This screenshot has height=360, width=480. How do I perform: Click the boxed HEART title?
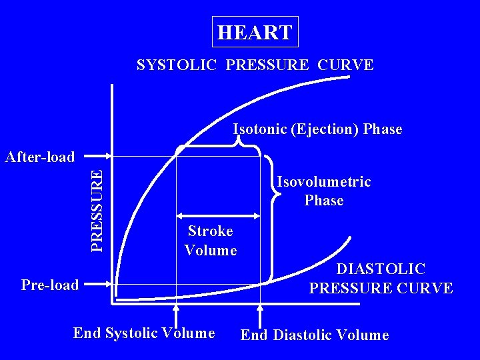pyautogui.click(x=255, y=32)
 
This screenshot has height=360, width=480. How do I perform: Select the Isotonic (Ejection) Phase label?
pyautogui.click(x=317, y=129)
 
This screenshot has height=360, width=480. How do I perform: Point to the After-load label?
pyautogui.click(x=39, y=157)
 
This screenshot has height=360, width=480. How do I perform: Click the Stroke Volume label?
pyautogui.click(x=211, y=241)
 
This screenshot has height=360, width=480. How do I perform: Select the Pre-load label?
pyautogui.click(x=50, y=285)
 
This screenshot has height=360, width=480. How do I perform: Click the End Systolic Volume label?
pyautogui.click(x=144, y=332)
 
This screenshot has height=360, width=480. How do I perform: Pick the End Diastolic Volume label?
pyautogui.click(x=314, y=335)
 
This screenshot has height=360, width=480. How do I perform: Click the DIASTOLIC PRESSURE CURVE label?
pyautogui.click(x=381, y=279)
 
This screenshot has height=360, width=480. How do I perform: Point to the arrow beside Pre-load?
pyautogui.click(x=99, y=285)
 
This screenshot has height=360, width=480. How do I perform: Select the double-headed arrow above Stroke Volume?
pyautogui.click(x=218, y=215)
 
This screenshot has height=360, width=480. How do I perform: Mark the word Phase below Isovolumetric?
pyautogui.click(x=324, y=201)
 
